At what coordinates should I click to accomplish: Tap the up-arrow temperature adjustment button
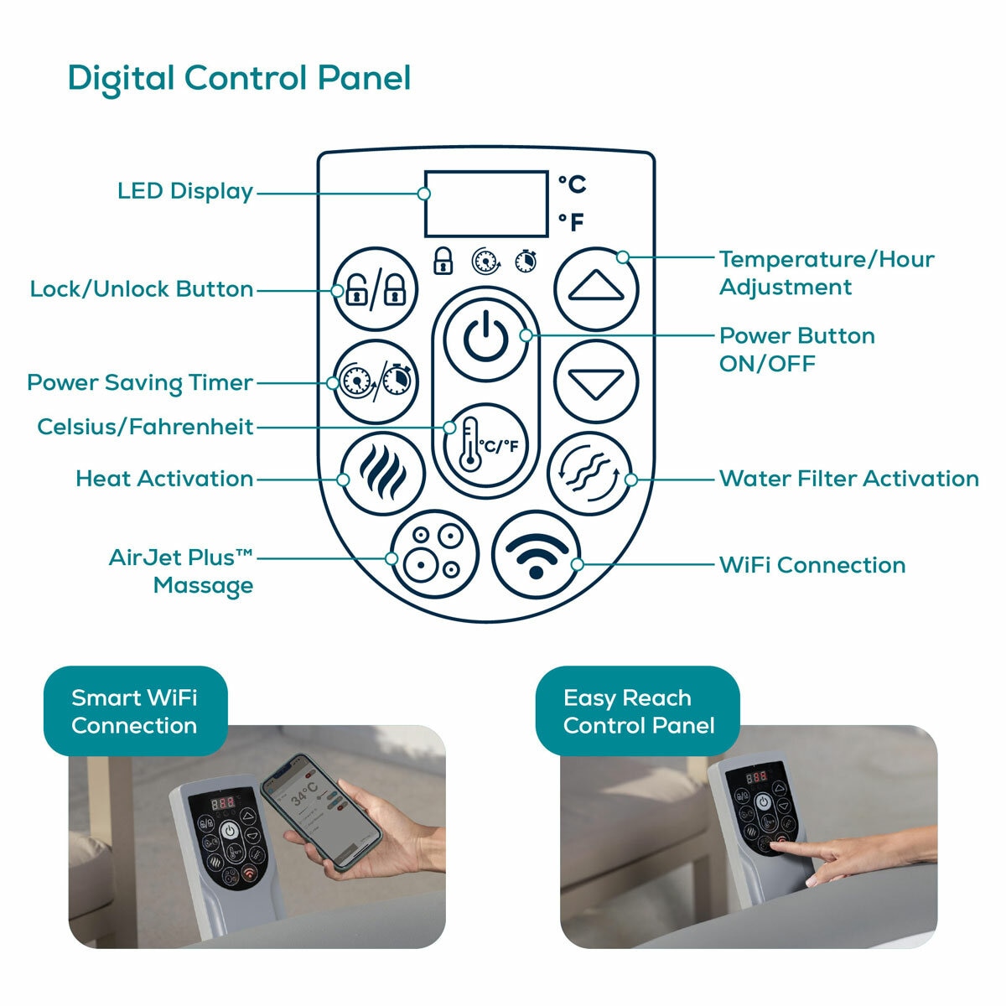coord(596,288)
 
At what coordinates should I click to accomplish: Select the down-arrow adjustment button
coord(596,382)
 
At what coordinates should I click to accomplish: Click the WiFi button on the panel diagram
coord(536,553)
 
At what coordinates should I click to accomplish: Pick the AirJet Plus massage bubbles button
coord(434,553)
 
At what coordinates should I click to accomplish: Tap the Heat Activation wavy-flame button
coord(382,474)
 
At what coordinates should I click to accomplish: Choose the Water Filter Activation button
coord(589,474)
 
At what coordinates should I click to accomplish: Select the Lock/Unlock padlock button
coord(375,290)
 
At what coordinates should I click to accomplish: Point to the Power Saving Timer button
coord(375,382)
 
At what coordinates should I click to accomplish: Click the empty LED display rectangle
coord(486,204)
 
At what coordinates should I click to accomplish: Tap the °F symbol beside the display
coord(572,222)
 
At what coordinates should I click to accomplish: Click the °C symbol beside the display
coord(572,184)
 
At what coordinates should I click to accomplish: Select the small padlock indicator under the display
coord(443,261)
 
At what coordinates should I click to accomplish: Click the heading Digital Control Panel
coord(239,79)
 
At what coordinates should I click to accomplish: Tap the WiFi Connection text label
coord(812,565)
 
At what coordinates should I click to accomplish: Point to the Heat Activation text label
coord(164,479)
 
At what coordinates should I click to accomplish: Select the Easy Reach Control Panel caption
coord(638,711)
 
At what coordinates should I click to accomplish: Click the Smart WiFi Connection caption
coord(134,711)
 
